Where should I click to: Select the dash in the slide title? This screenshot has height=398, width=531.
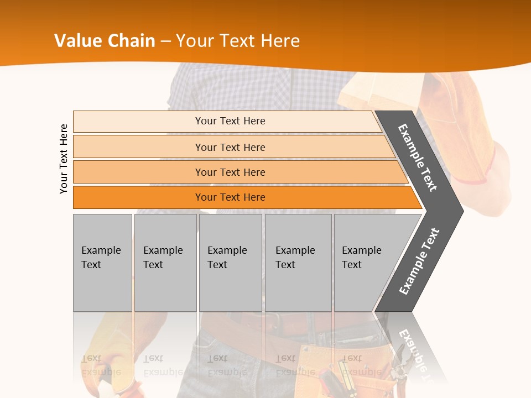tap(165, 41)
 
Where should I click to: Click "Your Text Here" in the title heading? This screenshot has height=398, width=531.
tap(238, 41)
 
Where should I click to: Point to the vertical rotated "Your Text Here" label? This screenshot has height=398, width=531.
tap(64, 159)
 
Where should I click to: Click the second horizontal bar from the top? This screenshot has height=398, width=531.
tap(230, 147)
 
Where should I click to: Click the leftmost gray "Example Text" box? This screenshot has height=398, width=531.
tap(102, 263)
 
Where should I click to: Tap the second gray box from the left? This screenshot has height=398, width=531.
tap(165, 263)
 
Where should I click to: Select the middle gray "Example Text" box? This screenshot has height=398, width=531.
tap(230, 263)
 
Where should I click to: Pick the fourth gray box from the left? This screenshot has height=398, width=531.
tap(298, 263)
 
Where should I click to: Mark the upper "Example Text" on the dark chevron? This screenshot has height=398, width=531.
tap(418, 158)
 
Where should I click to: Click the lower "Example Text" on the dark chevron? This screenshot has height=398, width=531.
tap(419, 261)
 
